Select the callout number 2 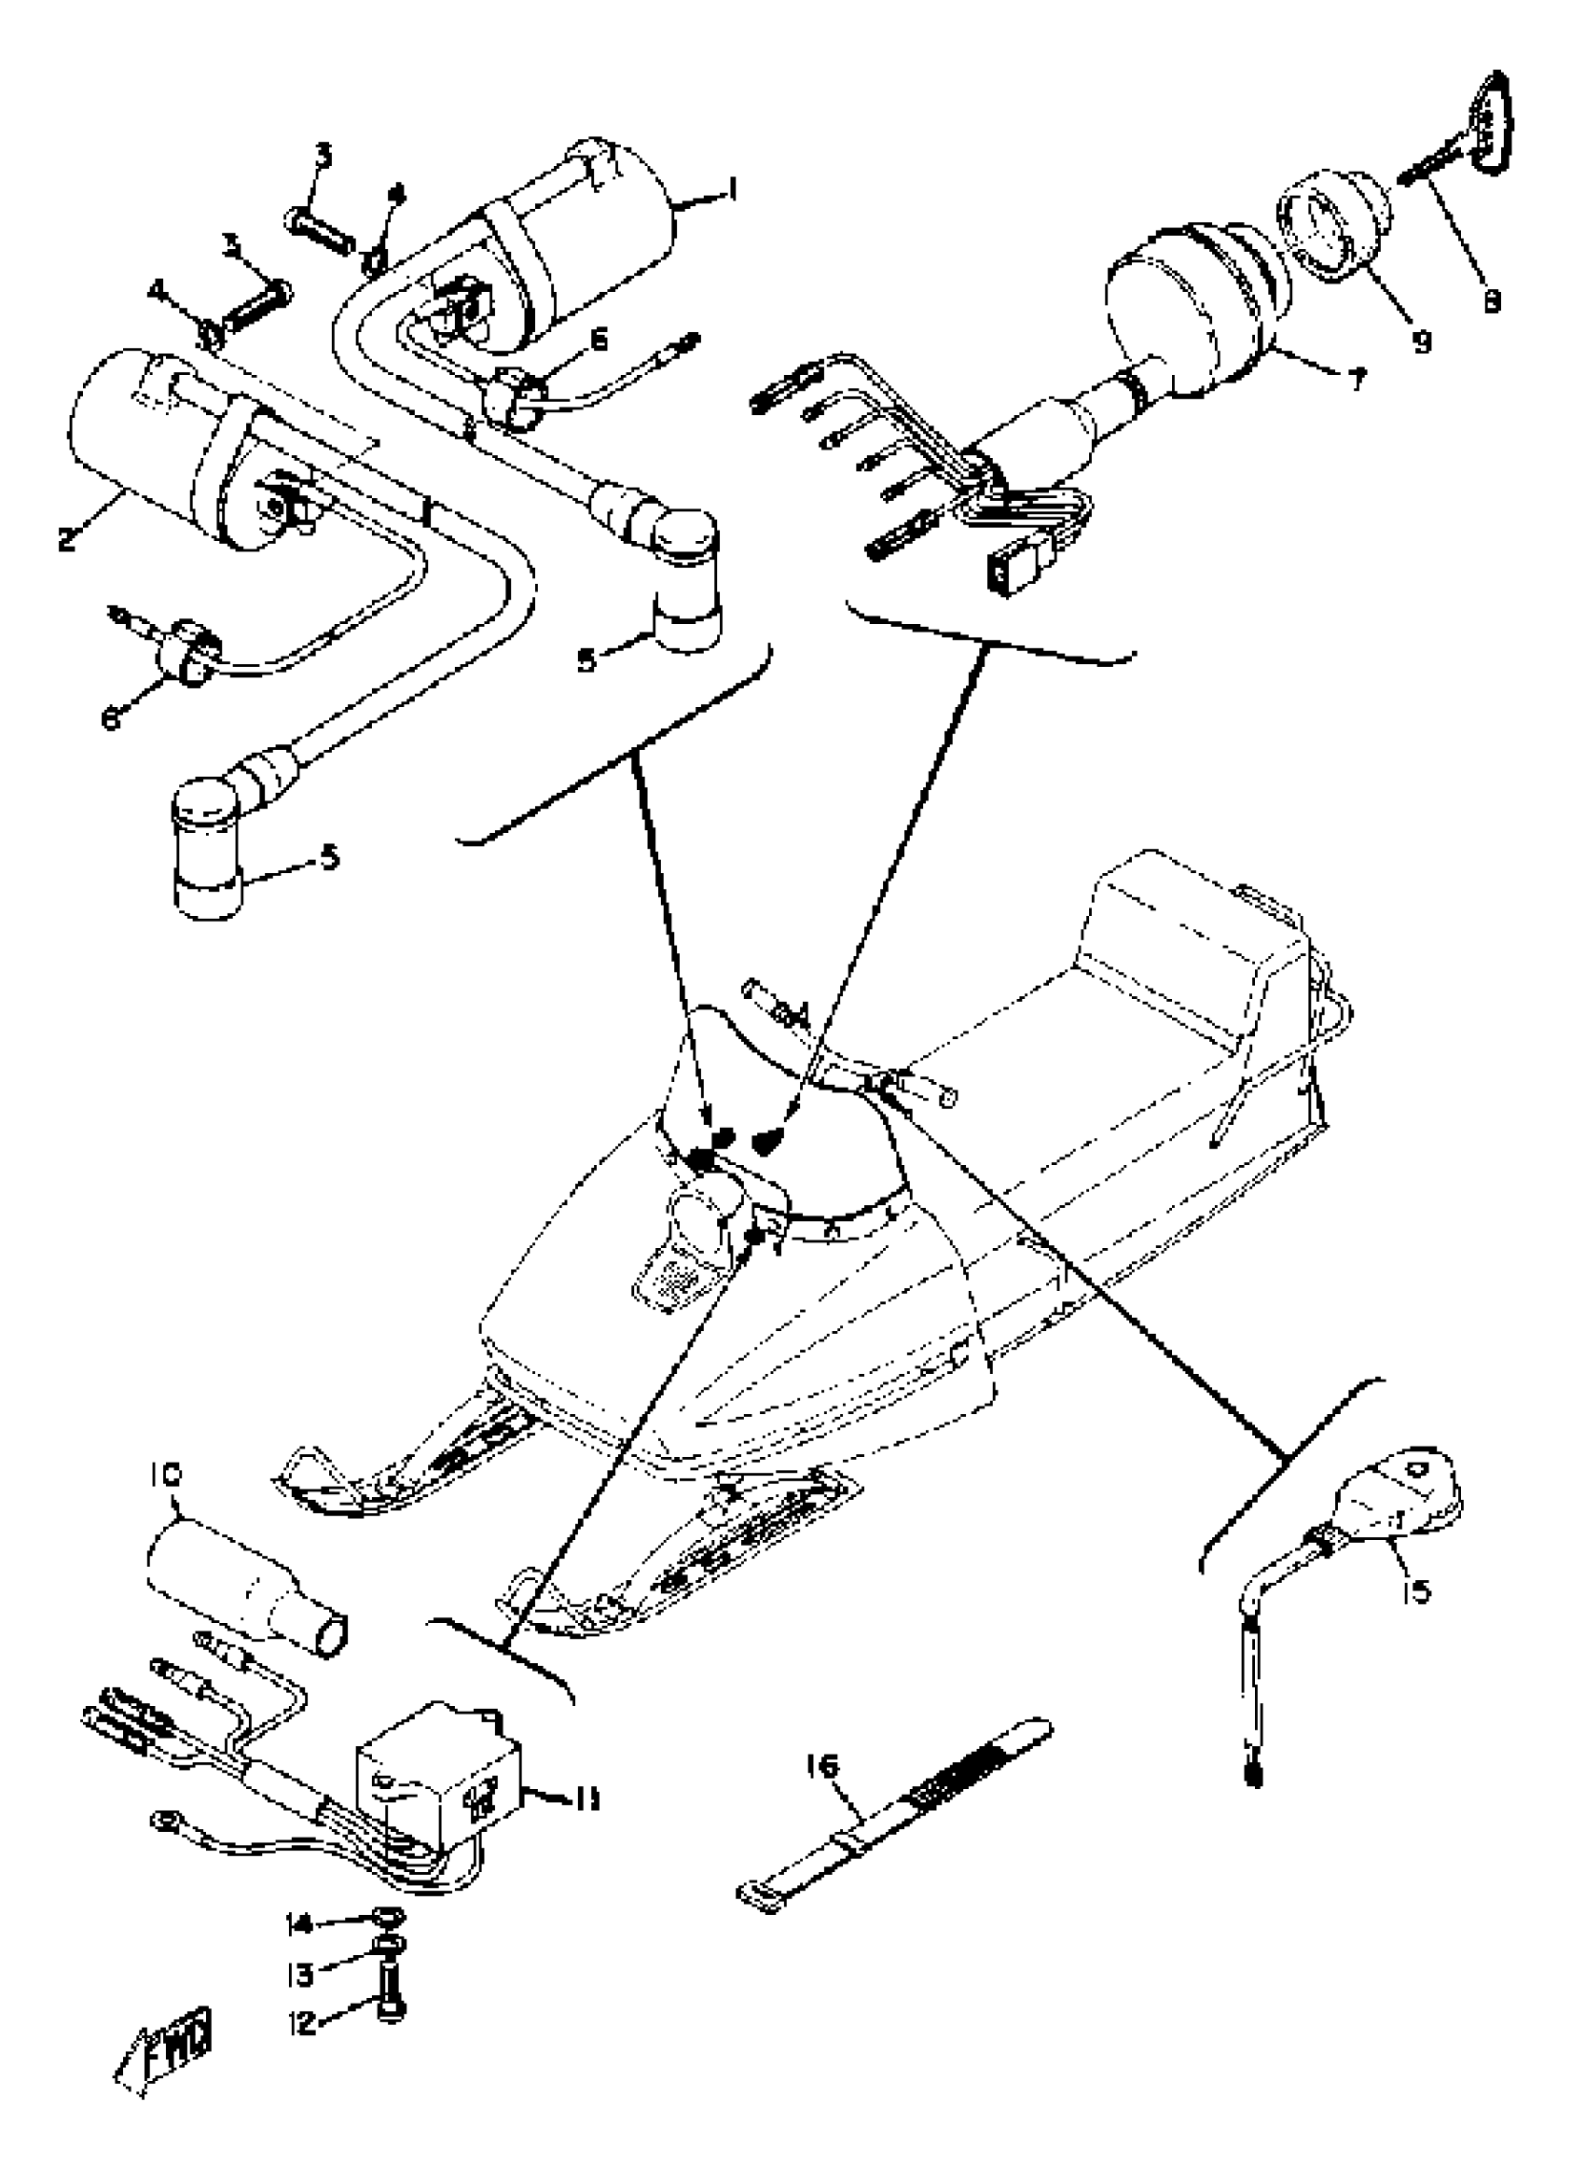(x=66, y=538)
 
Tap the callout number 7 (x=1356, y=380)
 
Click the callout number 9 (x=1421, y=340)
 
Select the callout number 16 (x=822, y=1765)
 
